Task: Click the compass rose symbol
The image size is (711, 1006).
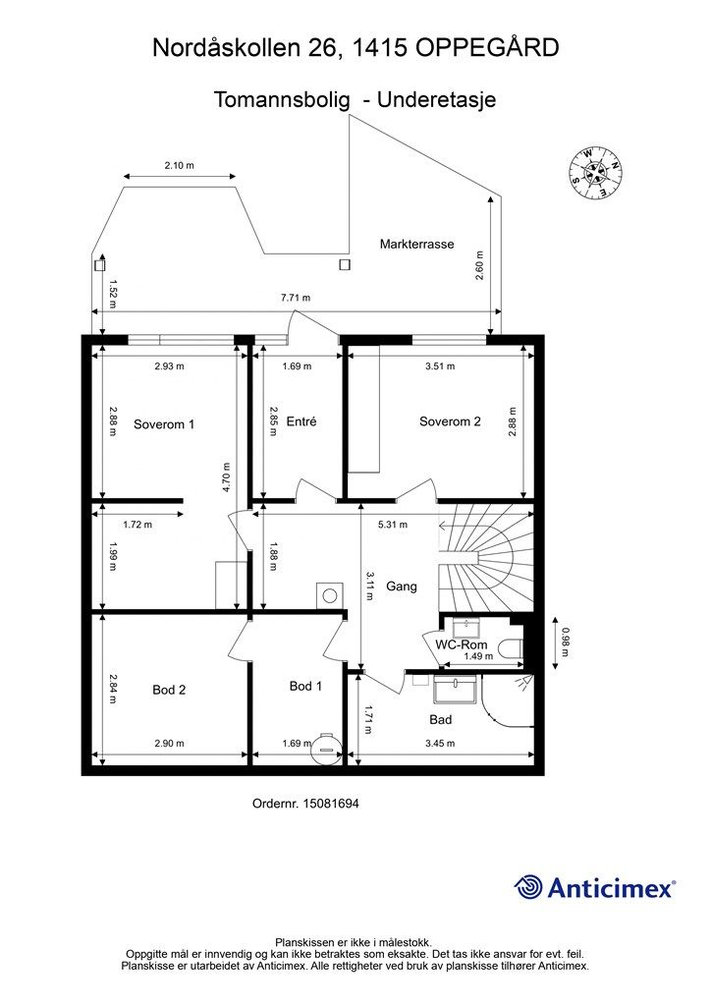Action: click(597, 172)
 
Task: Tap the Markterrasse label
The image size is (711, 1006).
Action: click(416, 244)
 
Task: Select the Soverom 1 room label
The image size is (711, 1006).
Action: click(164, 424)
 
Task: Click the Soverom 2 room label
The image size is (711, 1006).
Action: click(450, 421)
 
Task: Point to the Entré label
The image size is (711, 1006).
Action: click(301, 421)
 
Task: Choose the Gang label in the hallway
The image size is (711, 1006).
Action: click(402, 587)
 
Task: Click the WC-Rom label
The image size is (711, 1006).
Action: click(462, 644)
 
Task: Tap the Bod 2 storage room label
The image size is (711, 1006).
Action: click(169, 690)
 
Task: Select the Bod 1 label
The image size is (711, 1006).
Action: click(305, 686)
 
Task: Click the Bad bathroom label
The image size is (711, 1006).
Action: click(441, 720)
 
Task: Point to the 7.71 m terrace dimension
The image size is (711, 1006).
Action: click(296, 298)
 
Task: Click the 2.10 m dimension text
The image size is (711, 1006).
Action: click(180, 165)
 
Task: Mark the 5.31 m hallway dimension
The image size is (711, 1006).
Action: click(393, 525)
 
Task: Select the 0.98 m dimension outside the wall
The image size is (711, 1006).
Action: click(565, 643)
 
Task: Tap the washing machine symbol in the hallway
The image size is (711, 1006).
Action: click(330, 594)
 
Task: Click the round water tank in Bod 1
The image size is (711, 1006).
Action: click(324, 747)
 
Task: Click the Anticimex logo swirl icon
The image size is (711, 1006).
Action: click(528, 887)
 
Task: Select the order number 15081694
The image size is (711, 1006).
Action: click(331, 804)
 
